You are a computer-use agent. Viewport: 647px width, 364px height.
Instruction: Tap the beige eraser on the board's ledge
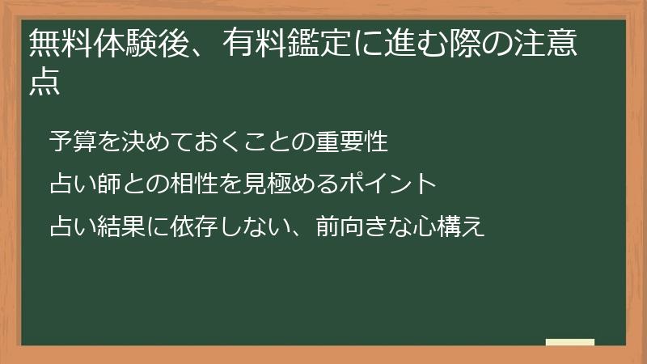point(570,342)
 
